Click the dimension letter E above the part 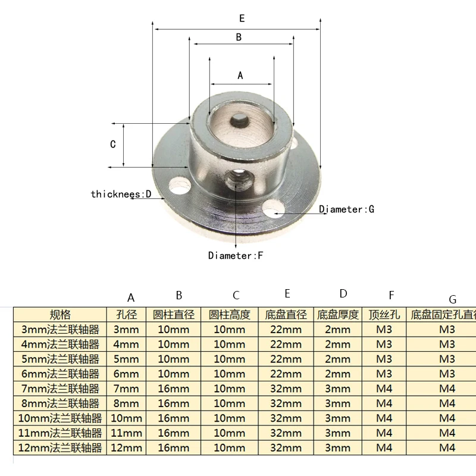tap(242, 18)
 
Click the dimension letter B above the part tap(239, 37)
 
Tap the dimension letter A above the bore tap(240, 76)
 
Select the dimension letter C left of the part tap(113, 144)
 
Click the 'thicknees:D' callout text tap(121, 194)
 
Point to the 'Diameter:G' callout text tap(346, 209)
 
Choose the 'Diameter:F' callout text tap(236, 256)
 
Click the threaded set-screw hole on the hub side tap(237, 180)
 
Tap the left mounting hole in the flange tap(180, 185)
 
